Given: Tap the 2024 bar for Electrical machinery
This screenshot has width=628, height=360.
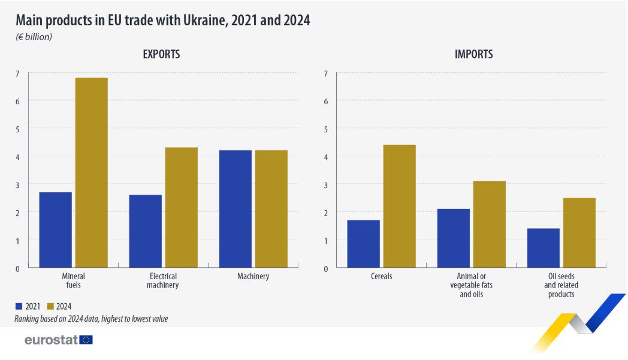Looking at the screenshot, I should click(181, 207).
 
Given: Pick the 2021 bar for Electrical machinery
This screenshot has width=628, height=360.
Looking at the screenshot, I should click(145, 231).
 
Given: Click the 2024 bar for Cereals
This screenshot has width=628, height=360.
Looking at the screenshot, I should click(399, 206).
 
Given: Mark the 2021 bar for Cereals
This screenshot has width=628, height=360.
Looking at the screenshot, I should click(363, 244).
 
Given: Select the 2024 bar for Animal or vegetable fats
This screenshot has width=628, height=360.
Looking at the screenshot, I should click(489, 224).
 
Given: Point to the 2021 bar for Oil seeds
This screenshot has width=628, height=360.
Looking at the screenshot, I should click(543, 248).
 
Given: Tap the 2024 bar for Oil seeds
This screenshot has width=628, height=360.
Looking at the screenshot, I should click(579, 232).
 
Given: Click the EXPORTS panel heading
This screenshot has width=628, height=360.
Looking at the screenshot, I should click(161, 55).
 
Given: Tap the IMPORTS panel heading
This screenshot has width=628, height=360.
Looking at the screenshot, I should click(473, 55).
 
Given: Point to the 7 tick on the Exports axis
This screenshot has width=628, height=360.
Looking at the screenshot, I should click(17, 74).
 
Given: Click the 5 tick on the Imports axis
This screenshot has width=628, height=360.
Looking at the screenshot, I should click(325, 129).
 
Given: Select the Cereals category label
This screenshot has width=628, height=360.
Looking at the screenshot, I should click(381, 277).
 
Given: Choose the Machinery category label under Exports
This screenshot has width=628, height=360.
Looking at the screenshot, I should click(253, 277).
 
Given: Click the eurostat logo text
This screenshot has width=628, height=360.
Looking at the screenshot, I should click(52, 340).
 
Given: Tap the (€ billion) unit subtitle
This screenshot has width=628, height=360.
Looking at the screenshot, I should click(34, 37).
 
